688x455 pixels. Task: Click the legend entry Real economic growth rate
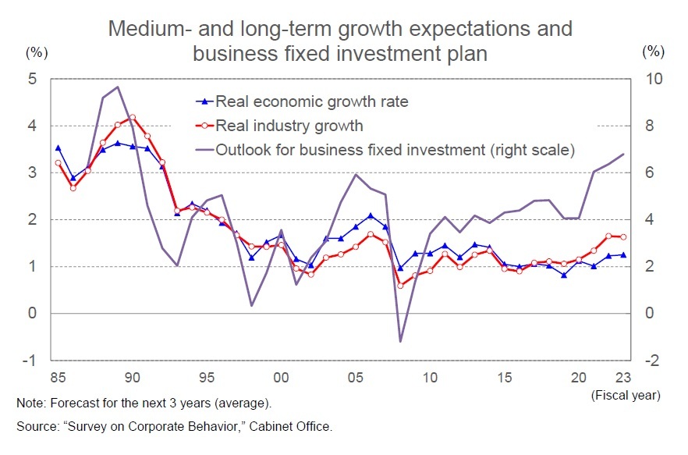(x=311, y=101)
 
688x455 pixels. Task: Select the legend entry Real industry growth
(x=289, y=126)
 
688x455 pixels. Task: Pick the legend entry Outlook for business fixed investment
(x=394, y=150)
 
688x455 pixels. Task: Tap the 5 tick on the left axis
(x=32, y=79)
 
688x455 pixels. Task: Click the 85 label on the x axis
(x=58, y=378)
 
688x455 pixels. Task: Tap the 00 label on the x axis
(x=281, y=378)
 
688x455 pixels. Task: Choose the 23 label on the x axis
(x=622, y=378)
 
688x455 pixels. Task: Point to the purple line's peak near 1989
(x=117, y=87)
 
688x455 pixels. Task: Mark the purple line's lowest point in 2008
(x=400, y=341)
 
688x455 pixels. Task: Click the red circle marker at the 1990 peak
(x=132, y=117)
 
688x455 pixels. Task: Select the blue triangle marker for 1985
(x=58, y=148)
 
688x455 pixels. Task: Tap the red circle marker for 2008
(x=400, y=286)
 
